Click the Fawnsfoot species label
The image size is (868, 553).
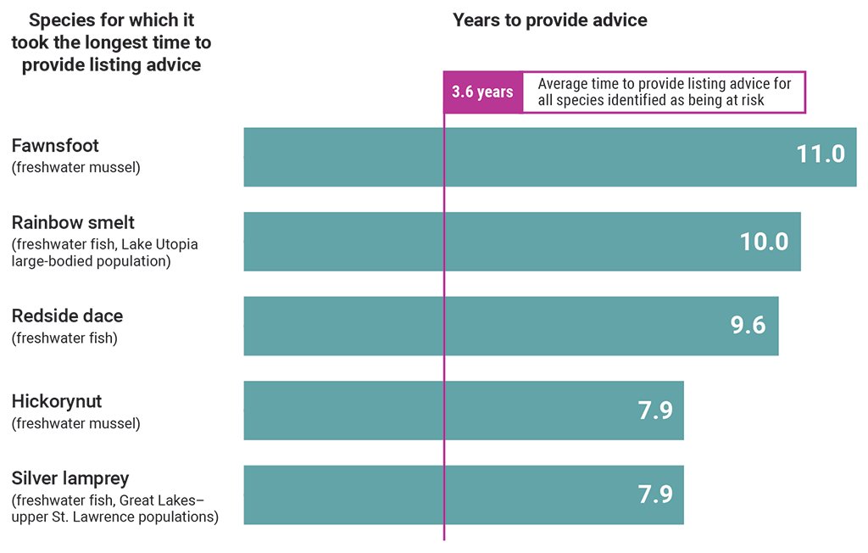click(x=55, y=147)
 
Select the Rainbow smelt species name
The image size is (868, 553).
click(x=73, y=223)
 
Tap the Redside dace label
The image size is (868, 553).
click(x=67, y=316)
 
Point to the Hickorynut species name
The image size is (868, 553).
click(x=57, y=401)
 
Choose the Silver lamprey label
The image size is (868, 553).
click(x=70, y=478)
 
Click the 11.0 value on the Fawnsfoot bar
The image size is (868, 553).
click(x=820, y=154)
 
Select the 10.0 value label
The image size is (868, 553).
click(x=764, y=242)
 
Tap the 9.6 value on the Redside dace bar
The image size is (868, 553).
click(x=748, y=326)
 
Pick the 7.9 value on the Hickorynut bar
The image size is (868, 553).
click(x=654, y=411)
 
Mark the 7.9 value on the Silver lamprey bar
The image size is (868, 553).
click(x=654, y=494)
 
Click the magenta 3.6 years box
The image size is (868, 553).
click(x=481, y=92)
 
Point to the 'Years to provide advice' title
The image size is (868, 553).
click(x=549, y=20)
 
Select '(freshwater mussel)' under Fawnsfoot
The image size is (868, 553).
click(x=75, y=168)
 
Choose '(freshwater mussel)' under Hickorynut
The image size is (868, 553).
click(x=75, y=423)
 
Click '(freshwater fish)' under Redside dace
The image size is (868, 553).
click(x=64, y=338)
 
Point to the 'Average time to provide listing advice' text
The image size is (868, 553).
click(x=664, y=84)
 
